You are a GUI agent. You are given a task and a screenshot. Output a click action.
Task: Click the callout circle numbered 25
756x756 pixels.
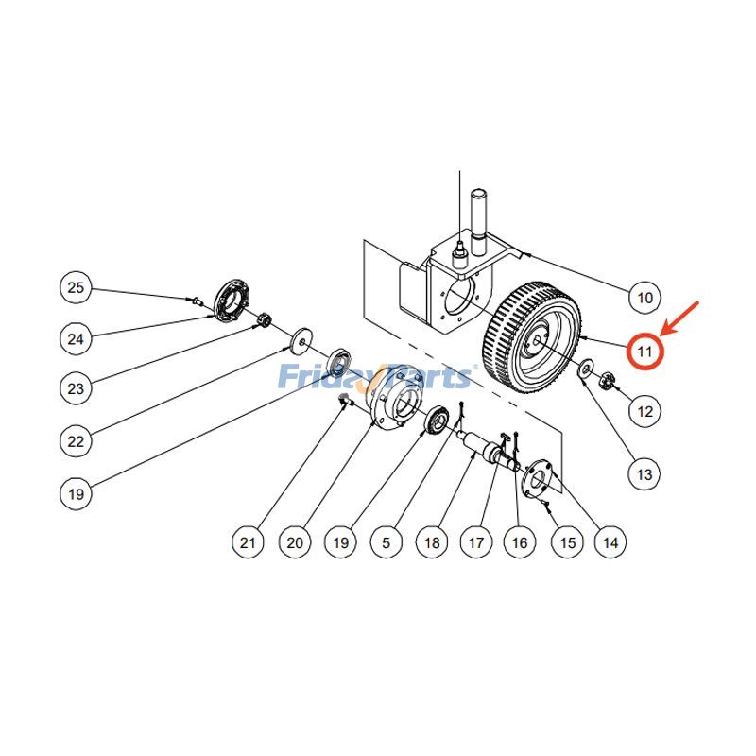[77, 287]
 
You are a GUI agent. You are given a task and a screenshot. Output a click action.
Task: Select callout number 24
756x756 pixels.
[77, 336]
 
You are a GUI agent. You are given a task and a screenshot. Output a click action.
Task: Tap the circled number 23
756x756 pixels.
[77, 387]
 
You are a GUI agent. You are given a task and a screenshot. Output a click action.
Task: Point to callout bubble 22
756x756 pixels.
[77, 439]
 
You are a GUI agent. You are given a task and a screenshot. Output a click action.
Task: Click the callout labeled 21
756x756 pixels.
[248, 541]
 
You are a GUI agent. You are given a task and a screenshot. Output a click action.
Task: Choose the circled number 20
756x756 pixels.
[295, 541]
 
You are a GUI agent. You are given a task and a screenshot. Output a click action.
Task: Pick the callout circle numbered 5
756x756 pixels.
[387, 541]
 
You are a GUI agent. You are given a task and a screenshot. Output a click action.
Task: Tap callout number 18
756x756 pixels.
[432, 541]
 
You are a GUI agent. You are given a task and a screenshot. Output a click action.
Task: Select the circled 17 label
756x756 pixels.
[475, 541]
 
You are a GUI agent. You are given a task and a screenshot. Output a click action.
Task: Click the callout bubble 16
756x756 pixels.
[519, 541]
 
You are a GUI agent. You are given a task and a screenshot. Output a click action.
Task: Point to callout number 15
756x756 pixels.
[567, 541]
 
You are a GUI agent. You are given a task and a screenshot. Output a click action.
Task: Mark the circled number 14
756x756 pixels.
[610, 541]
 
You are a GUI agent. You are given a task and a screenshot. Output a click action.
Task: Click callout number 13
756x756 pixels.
[644, 473]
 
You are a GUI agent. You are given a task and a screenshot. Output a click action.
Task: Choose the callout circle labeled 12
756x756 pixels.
[644, 411]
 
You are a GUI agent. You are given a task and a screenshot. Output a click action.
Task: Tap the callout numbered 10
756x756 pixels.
[644, 298]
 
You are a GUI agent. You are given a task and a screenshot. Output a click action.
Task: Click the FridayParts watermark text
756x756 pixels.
[374, 377]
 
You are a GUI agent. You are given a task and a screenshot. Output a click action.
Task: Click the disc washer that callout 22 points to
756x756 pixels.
[301, 335]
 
